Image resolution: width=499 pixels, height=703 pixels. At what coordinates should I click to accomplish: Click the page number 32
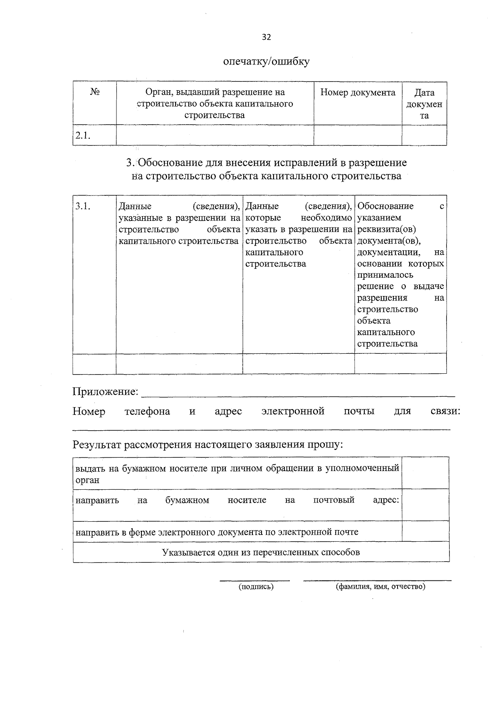click(x=266, y=37)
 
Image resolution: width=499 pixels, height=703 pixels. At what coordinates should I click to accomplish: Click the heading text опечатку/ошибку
click(x=266, y=62)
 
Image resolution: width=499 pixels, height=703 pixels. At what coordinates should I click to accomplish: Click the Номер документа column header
click(x=358, y=92)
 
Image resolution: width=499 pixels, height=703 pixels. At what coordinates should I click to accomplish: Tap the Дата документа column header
click(x=424, y=104)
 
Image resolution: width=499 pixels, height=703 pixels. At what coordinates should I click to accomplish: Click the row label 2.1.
click(x=83, y=136)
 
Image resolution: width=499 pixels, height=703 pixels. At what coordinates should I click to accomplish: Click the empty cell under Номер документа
click(x=358, y=135)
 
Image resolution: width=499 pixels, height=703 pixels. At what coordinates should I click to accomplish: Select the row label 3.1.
click(x=83, y=206)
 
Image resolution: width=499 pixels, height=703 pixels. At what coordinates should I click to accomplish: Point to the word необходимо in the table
click(x=326, y=218)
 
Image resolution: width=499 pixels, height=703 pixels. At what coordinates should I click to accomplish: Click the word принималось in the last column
click(x=385, y=275)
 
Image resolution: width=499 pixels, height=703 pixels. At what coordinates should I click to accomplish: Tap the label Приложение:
click(x=105, y=392)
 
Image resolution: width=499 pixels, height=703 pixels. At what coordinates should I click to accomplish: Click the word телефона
click(x=147, y=411)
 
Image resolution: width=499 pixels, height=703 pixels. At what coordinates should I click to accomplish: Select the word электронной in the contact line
click(x=293, y=411)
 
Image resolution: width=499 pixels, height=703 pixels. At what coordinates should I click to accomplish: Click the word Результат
click(x=97, y=444)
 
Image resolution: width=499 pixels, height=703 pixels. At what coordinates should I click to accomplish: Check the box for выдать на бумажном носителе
click(x=425, y=473)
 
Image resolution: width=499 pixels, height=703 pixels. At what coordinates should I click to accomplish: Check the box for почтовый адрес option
click(x=425, y=505)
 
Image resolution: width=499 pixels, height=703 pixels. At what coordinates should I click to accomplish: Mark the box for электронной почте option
click(x=425, y=531)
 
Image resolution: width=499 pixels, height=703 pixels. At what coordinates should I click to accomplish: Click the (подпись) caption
click(x=256, y=587)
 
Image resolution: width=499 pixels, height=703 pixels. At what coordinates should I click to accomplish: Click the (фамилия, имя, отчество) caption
click(x=380, y=587)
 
